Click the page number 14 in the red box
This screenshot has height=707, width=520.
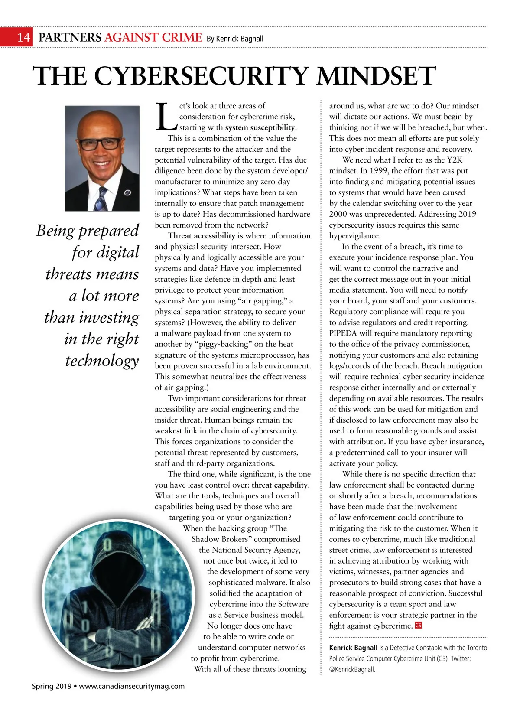24,37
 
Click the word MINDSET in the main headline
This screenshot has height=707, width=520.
376,76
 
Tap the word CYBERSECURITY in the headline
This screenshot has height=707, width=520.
201,76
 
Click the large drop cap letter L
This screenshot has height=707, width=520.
166,117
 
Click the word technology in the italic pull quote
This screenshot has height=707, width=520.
102,360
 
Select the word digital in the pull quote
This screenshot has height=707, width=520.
118,252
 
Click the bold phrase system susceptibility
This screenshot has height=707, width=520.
260,127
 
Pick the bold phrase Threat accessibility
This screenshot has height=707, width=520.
201,236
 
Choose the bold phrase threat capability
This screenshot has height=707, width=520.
279,485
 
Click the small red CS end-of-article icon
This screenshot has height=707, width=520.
418,626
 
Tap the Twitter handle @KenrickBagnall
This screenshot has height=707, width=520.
351,669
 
